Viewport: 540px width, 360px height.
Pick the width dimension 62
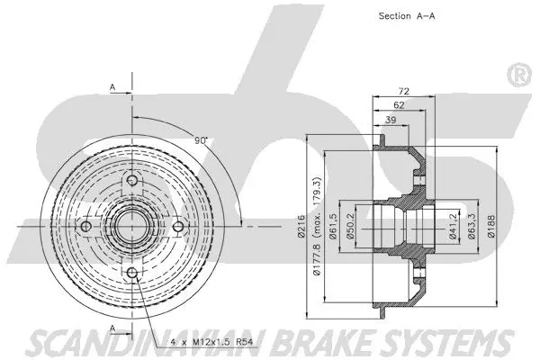(x=397, y=106)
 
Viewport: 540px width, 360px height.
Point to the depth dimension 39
(x=390, y=120)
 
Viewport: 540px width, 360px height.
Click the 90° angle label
(x=201, y=141)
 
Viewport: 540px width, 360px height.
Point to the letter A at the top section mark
(x=112, y=87)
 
